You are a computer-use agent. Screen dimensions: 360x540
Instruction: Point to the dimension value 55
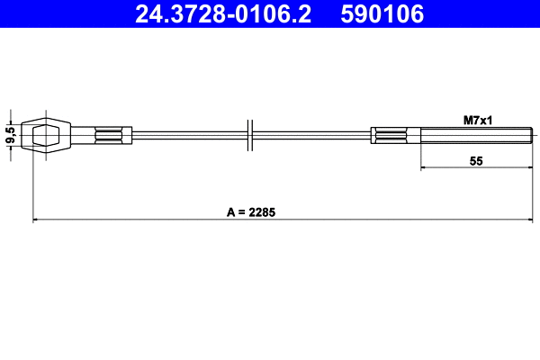(x=477, y=160)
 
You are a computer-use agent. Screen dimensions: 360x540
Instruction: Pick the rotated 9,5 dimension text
(x=10, y=136)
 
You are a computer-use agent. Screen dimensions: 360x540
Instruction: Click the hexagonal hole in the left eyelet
(x=45, y=136)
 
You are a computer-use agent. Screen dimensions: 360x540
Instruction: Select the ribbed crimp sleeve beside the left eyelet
(x=112, y=136)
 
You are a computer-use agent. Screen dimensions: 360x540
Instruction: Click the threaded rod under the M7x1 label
(x=472, y=136)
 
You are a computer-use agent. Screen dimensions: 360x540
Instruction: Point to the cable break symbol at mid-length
(x=251, y=136)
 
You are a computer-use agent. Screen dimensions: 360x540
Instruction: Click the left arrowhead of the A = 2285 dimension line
(x=36, y=220)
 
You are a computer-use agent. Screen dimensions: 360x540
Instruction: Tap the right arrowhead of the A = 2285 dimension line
(x=530, y=220)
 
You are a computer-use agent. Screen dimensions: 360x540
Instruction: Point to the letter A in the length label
(x=230, y=212)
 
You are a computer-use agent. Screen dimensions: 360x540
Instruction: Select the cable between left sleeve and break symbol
(x=189, y=136)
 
